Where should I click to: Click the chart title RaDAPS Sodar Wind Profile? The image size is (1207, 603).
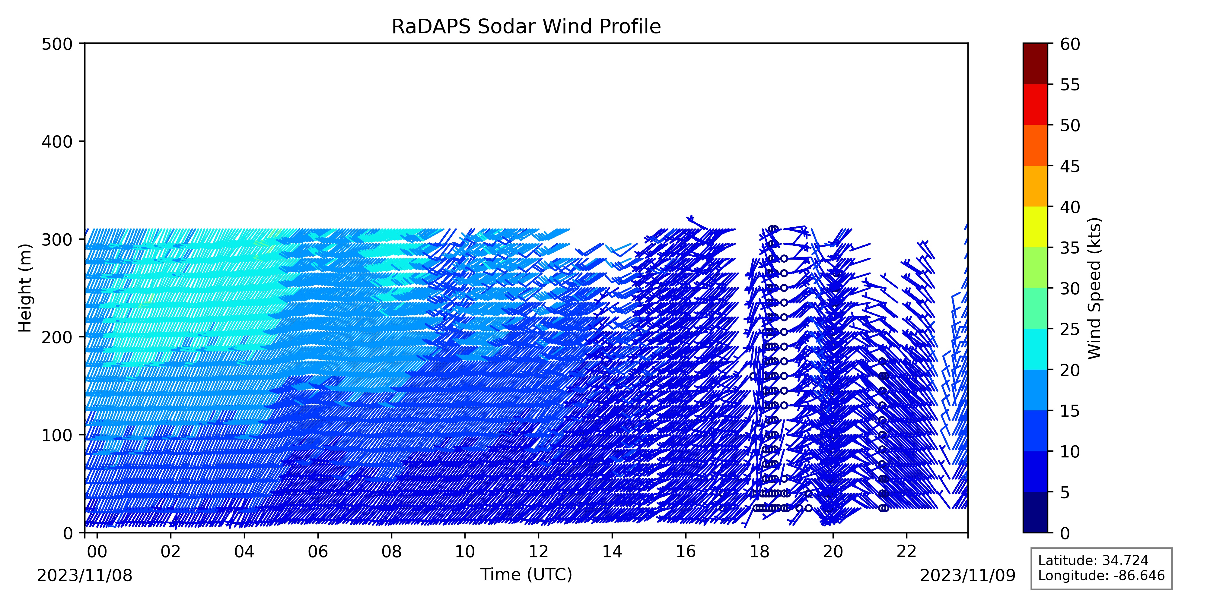(526, 27)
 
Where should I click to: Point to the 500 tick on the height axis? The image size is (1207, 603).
(82, 43)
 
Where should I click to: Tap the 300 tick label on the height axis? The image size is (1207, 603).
(57, 239)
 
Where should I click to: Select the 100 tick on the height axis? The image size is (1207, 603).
(82, 435)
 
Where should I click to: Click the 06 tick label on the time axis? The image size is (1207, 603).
(318, 551)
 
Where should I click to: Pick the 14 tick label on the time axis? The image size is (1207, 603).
(612, 551)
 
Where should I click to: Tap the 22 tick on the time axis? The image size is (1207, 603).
(907, 535)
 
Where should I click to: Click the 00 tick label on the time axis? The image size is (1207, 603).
(97, 551)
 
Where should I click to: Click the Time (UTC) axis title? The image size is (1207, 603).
(526, 574)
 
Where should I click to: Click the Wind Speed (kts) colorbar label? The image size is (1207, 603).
(1094, 288)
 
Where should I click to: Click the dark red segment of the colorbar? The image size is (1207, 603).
(1035, 64)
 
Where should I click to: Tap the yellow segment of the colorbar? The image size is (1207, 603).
(1035, 227)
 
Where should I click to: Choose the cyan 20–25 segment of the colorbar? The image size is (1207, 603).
(1035, 349)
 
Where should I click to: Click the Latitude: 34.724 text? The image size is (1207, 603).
(1093, 560)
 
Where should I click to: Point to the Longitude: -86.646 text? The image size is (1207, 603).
(1101, 575)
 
